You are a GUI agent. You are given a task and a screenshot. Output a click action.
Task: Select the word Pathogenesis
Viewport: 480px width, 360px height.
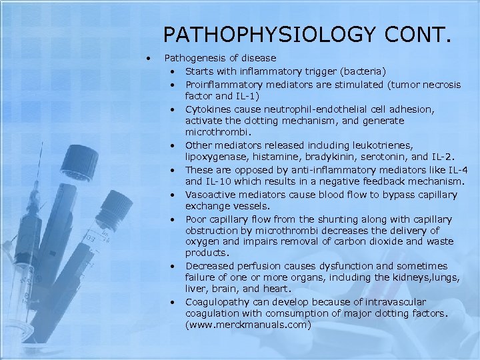tap(193, 59)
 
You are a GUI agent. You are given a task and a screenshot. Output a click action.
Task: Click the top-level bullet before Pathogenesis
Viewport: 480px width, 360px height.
tap(153, 59)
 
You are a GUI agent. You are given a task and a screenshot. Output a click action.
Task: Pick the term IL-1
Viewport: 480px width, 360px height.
tap(239, 96)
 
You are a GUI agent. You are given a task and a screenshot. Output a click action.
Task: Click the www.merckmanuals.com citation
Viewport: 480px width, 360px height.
tap(249, 325)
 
